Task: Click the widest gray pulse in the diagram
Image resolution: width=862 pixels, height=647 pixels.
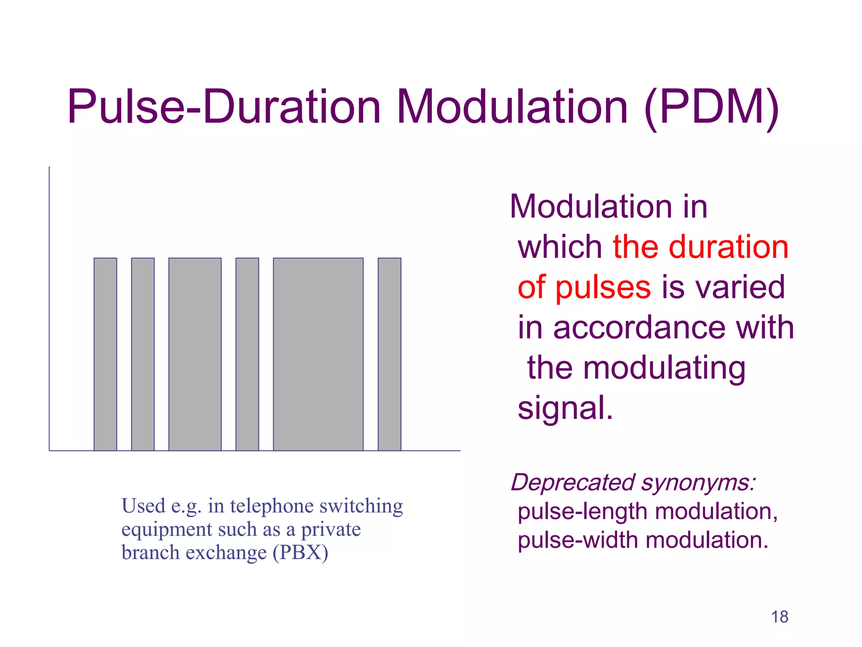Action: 318,354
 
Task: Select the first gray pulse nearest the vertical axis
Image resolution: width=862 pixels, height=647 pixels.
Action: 105,354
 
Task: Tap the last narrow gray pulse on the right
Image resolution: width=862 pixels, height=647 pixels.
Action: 389,354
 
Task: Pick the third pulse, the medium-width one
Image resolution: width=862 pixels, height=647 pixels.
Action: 195,354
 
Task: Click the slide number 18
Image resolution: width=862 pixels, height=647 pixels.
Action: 780,617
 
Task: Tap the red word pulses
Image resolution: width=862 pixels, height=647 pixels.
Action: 603,288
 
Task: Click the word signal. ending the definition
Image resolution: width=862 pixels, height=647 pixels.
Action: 565,408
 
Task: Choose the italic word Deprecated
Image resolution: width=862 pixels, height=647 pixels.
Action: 573,482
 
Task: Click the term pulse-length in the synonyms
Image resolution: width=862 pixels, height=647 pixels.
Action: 583,511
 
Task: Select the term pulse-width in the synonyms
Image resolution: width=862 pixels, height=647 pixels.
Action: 577,540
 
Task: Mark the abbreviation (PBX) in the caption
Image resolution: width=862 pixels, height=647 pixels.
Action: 301,553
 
